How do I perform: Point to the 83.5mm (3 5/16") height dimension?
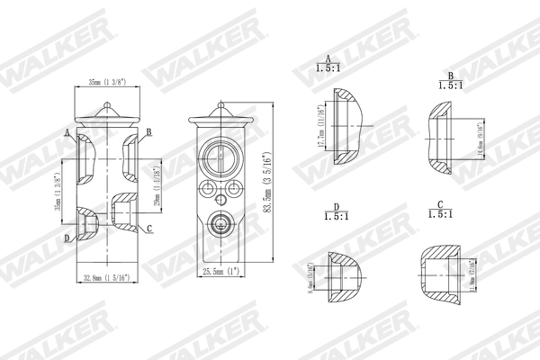point(261,184)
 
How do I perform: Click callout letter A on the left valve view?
point(67,132)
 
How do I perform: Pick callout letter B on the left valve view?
point(148,132)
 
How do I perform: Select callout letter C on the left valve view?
point(150,229)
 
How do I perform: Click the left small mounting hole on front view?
point(205,190)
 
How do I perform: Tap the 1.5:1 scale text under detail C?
point(439,215)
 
